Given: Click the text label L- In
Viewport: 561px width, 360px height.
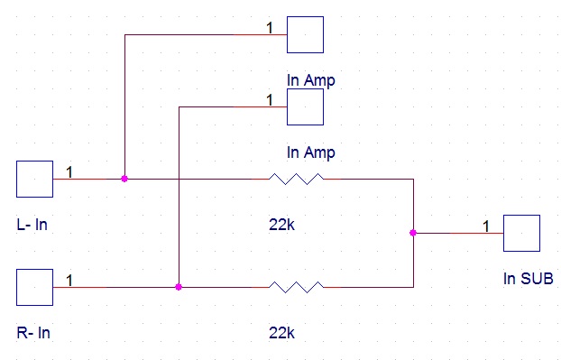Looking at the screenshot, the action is point(32,225).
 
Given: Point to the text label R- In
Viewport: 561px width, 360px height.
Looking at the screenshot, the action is point(33,333).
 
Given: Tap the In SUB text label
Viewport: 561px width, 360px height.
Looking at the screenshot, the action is point(529,279).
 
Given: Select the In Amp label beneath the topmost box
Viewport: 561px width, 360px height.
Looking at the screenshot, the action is point(311,80).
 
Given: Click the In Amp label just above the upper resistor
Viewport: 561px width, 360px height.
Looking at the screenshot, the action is point(311,152).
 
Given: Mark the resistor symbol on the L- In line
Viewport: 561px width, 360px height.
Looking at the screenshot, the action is point(296,179).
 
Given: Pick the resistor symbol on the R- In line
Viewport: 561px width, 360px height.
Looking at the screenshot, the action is point(296,287).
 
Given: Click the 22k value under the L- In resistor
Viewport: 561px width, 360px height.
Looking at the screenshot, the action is point(281,225).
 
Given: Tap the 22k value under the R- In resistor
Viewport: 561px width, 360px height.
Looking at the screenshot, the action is point(281,333).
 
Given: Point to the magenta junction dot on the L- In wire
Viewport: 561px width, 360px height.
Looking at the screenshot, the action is point(124,179).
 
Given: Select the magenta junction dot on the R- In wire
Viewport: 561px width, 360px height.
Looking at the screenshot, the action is point(179,287).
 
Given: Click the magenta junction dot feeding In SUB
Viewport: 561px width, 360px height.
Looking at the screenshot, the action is point(413,233).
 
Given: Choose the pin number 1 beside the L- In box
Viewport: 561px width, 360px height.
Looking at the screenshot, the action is point(69,172).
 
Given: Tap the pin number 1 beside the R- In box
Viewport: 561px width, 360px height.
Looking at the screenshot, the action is point(69,281).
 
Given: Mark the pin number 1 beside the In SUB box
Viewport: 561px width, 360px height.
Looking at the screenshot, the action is point(486,226).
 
